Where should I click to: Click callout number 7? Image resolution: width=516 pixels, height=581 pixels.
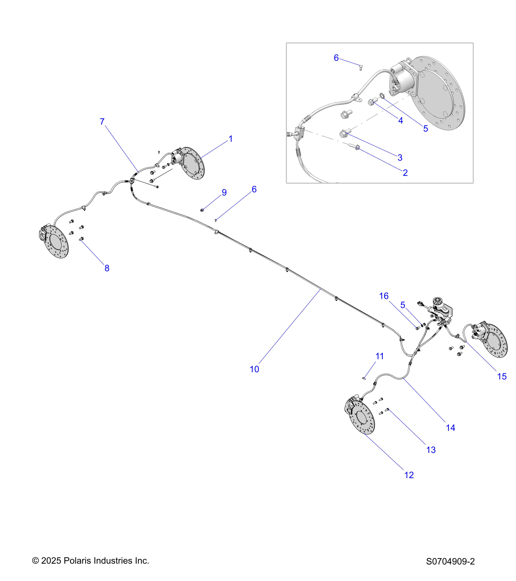pos(102,122)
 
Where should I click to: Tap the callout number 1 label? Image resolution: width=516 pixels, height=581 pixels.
pos(231,139)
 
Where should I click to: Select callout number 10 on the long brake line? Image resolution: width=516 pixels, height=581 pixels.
pos(254,369)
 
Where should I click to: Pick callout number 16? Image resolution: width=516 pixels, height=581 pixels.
pos(384,296)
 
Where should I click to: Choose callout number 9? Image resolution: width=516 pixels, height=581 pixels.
pos(224,193)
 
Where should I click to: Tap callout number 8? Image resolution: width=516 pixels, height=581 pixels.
pos(107,268)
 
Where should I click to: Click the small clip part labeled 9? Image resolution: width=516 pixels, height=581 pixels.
pos(202,210)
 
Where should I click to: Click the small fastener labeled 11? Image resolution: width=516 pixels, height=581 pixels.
pos(364,378)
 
